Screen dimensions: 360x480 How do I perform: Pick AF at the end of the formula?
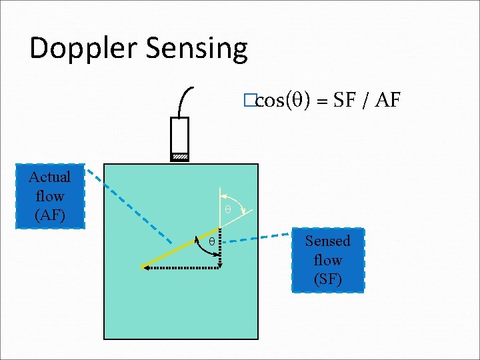coord(387,100)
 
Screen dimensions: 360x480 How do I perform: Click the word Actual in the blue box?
coord(50,177)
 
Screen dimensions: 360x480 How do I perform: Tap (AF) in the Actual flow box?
coord(50,215)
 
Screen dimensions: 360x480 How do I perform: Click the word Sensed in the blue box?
coord(327,241)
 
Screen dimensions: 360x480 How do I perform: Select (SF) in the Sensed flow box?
coord(327,279)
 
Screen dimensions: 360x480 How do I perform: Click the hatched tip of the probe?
coord(180,157)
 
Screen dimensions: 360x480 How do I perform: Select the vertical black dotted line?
coord(220,253)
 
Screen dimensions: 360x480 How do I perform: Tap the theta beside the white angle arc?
coord(227,209)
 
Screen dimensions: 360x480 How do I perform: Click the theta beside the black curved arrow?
coord(212,241)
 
